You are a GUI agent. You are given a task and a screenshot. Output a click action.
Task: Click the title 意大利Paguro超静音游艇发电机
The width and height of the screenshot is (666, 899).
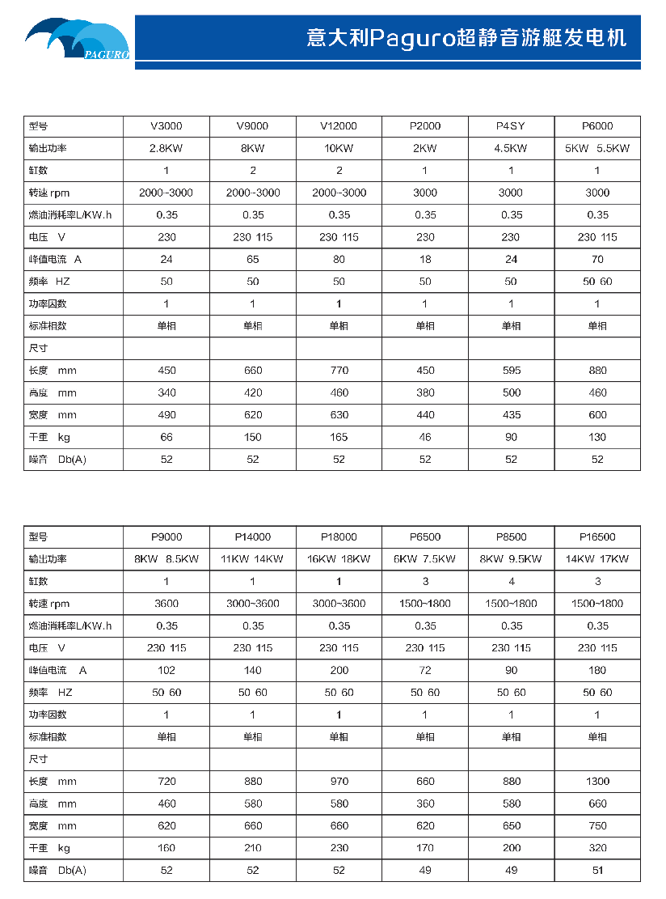tap(466, 38)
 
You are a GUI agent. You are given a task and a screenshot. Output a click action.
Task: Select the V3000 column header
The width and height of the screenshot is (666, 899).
tap(166, 126)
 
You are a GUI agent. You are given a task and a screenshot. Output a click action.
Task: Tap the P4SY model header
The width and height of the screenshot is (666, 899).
tap(511, 126)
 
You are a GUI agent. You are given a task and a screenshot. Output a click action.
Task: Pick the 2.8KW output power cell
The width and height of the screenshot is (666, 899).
tap(166, 149)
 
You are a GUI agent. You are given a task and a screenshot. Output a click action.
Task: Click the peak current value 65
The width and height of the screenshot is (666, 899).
tap(253, 260)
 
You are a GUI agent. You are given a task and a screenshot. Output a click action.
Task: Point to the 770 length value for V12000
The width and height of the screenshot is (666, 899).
tap(339, 371)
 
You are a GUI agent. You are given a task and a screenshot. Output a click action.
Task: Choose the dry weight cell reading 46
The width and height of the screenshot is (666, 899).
tap(425, 437)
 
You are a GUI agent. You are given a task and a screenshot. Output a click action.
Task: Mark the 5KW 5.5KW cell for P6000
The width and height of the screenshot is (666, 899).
tap(597, 149)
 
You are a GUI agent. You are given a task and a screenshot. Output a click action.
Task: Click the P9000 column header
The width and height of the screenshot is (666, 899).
tap(166, 537)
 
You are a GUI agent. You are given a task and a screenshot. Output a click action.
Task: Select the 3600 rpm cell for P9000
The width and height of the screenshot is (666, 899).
tap(166, 604)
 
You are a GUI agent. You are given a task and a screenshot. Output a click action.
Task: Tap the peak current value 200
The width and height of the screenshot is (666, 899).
tap(339, 670)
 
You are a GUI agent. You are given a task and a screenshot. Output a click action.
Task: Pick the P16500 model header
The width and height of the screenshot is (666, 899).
tap(597, 537)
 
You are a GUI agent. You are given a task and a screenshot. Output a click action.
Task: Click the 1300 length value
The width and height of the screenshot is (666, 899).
tap(597, 782)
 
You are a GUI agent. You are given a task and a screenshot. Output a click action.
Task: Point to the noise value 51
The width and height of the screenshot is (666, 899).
tap(597, 871)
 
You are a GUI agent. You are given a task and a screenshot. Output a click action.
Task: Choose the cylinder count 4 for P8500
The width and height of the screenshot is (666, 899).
tap(511, 582)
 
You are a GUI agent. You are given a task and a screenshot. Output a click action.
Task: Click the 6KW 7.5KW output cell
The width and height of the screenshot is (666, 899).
tap(425, 559)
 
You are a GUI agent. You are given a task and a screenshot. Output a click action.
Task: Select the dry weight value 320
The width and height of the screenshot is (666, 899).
tap(597, 848)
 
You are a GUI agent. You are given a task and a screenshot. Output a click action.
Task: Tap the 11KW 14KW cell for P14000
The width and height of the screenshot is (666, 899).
tap(253, 559)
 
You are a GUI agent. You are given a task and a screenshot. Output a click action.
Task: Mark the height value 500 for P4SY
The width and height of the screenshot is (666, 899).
tap(511, 393)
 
